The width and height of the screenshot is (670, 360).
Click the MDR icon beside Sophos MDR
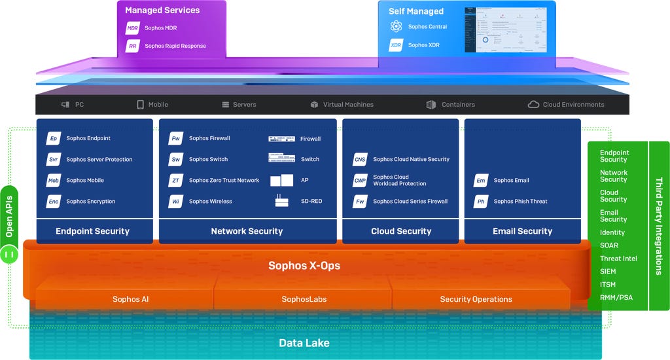tap(133, 28)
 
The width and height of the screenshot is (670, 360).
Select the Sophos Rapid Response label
tap(175, 46)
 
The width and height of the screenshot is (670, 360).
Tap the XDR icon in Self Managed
tap(396, 45)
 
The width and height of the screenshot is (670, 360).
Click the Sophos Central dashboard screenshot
tap(505, 29)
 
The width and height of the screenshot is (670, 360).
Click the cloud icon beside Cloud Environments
tap(533, 105)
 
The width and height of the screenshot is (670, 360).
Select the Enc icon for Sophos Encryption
tap(53, 202)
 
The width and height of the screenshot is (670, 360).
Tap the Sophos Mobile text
tap(85, 181)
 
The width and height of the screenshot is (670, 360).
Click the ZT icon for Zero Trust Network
tap(175, 181)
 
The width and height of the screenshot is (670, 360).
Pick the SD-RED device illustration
tap(282, 201)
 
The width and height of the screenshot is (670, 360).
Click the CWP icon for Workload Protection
tap(360, 181)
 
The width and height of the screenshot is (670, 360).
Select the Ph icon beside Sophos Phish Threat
tap(481, 202)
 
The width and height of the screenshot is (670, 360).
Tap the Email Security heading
tap(522, 231)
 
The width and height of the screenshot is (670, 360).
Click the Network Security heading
tap(247, 231)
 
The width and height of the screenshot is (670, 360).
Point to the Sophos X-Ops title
tap(304, 266)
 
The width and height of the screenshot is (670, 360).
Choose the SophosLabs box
tap(304, 299)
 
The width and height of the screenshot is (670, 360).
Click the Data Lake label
tap(304, 343)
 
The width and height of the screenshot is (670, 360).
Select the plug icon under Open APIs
tap(9, 253)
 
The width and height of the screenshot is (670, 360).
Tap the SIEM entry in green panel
tap(608, 272)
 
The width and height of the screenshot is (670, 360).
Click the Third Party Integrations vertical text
tap(659, 225)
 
